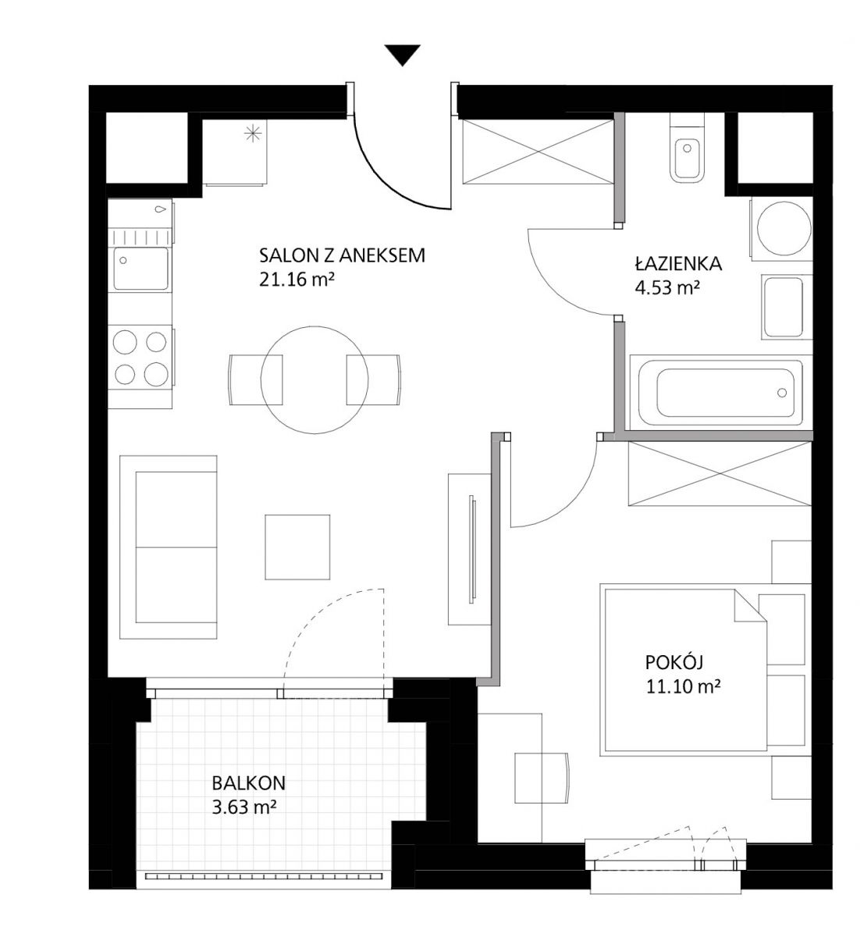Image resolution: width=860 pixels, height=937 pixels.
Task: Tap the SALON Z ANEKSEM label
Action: (x=343, y=256)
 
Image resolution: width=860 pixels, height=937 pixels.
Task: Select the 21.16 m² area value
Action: (x=297, y=280)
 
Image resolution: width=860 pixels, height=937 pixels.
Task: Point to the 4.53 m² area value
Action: (x=667, y=287)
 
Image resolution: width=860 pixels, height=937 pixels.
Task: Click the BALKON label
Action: (x=248, y=783)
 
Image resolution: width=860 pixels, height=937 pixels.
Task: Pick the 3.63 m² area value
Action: (x=242, y=807)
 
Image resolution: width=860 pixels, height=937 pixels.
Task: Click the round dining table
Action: (x=315, y=380)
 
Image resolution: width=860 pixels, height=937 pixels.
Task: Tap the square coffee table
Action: (x=297, y=547)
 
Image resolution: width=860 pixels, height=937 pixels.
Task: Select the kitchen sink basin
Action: (x=141, y=269)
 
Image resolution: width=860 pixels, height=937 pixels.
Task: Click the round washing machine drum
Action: (x=784, y=229)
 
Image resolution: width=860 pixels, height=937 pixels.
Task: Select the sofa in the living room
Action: (x=168, y=547)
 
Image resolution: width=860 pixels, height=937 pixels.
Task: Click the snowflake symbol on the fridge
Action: (x=253, y=134)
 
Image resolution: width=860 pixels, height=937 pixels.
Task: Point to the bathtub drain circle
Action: (x=782, y=393)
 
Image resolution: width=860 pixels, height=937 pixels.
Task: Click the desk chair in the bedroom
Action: (x=542, y=778)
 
